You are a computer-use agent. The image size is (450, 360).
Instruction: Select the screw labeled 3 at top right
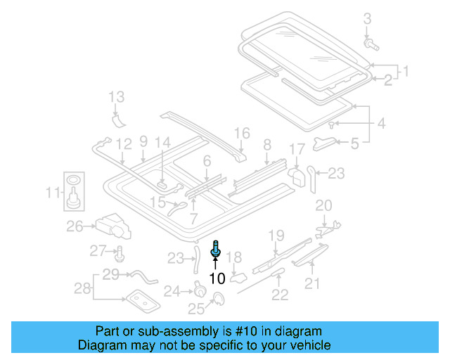pyautogui.click(x=371, y=44)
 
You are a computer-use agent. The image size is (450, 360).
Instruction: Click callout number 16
pyautogui.click(x=241, y=133)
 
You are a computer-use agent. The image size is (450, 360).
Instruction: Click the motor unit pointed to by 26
pyautogui.click(x=115, y=225)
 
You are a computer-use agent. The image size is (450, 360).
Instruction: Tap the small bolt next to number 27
pyautogui.click(x=119, y=253)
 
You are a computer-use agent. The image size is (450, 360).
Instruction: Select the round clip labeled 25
pyautogui.click(x=219, y=300)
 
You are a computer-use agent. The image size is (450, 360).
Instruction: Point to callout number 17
pyautogui.click(x=297, y=149)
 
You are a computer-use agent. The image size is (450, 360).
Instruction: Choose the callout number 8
pyautogui.click(x=266, y=146)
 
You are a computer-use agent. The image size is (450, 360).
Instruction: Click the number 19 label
pyautogui.click(x=276, y=235)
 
